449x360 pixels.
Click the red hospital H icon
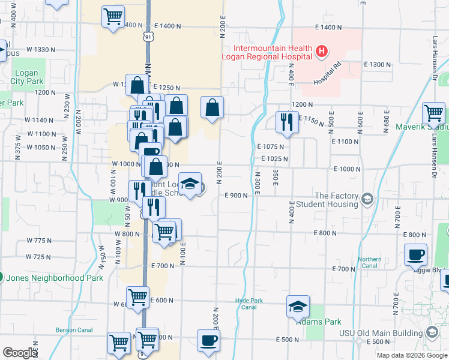click(x=322, y=52)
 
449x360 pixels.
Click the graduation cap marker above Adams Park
click(x=298, y=307)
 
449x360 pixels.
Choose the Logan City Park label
click(x=28, y=77)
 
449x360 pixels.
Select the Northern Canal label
click(x=369, y=263)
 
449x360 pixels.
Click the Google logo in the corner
click(x=20, y=353)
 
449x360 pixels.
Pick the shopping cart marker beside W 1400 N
click(x=113, y=17)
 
